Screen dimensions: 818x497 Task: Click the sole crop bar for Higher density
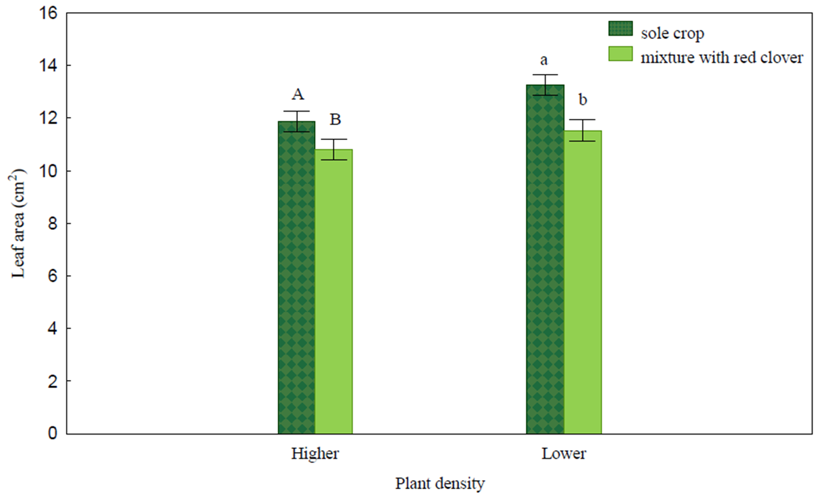[297, 278]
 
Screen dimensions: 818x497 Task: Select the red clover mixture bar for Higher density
[334, 292]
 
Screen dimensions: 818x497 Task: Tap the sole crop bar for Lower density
[545, 259]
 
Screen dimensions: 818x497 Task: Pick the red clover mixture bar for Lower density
[583, 282]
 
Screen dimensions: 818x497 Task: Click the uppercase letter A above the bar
[298, 95]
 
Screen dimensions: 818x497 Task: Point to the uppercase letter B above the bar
[335, 119]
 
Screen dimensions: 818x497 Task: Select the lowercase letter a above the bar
[544, 60]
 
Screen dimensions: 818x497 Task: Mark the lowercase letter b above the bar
[583, 99]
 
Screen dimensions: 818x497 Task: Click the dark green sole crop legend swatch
[620, 28]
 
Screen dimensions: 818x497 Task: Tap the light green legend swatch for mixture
[620, 54]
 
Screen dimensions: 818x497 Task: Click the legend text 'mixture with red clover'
[722, 58]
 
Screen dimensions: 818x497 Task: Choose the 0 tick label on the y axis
[53, 433]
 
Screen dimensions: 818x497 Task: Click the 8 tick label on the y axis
[53, 223]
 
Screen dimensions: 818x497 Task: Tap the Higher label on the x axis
[315, 454]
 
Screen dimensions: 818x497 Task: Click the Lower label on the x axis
[564, 454]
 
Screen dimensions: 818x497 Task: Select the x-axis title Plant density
[440, 484]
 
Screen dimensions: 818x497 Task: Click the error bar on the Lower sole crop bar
[545, 85]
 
